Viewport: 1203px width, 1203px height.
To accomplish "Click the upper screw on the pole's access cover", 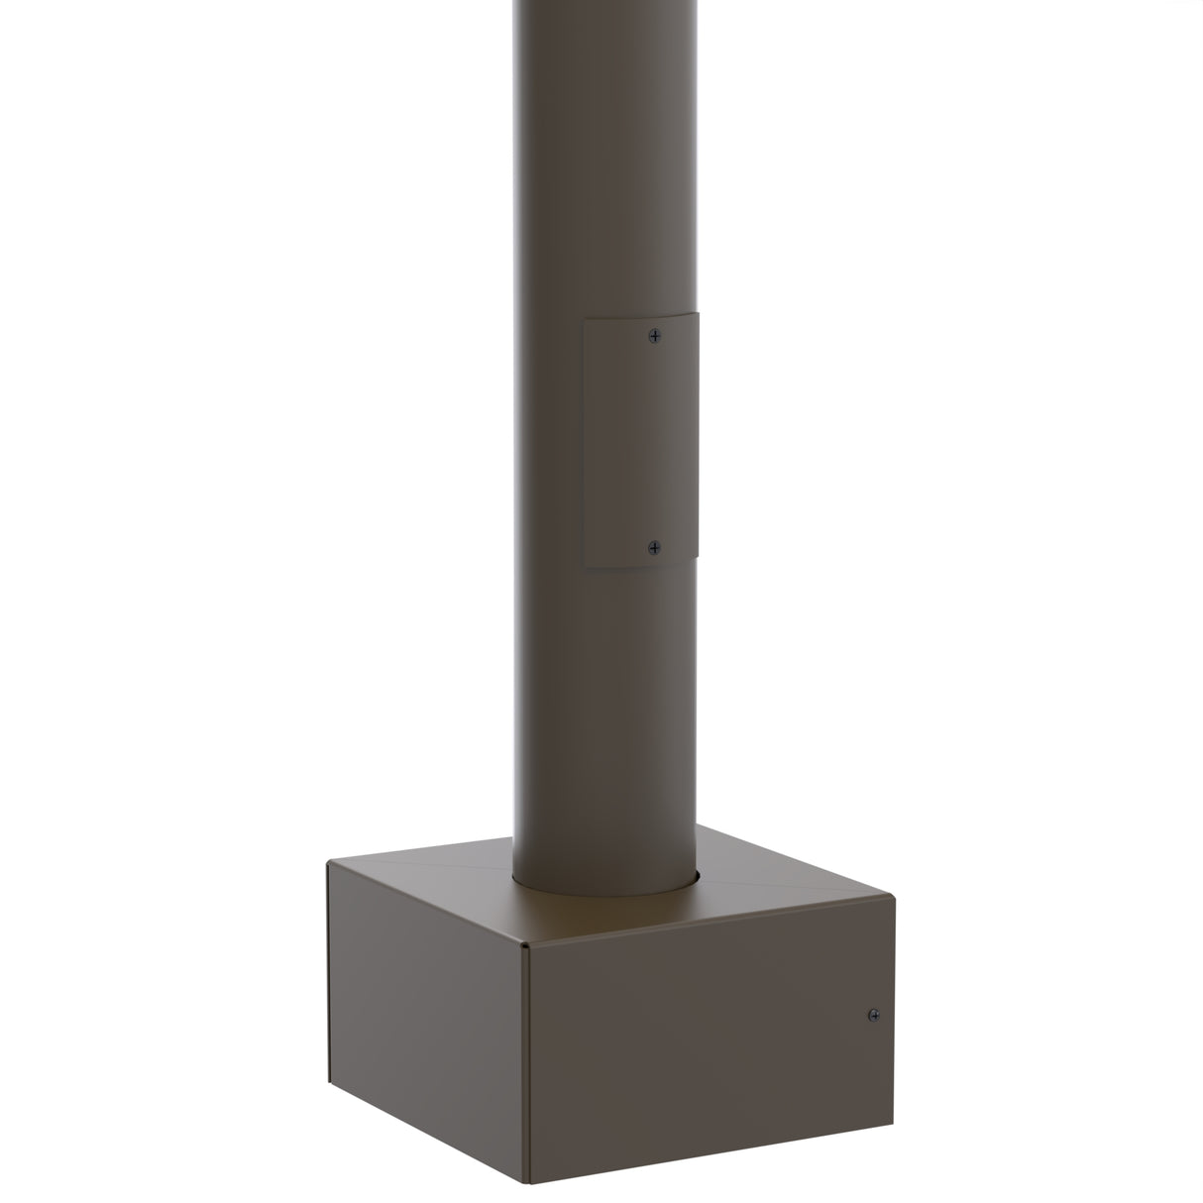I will [654, 336].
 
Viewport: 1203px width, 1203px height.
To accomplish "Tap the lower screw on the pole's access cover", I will [654, 546].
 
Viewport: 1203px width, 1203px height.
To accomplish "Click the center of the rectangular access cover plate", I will [641, 441].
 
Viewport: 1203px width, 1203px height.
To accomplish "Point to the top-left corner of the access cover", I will [585, 319].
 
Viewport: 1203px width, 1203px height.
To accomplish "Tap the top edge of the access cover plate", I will [641, 315].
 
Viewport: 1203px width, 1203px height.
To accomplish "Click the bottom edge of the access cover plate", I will [641, 565].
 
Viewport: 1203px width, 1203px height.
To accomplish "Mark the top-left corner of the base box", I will [328, 861].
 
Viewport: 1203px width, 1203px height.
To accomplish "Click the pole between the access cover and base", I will [604, 713].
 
